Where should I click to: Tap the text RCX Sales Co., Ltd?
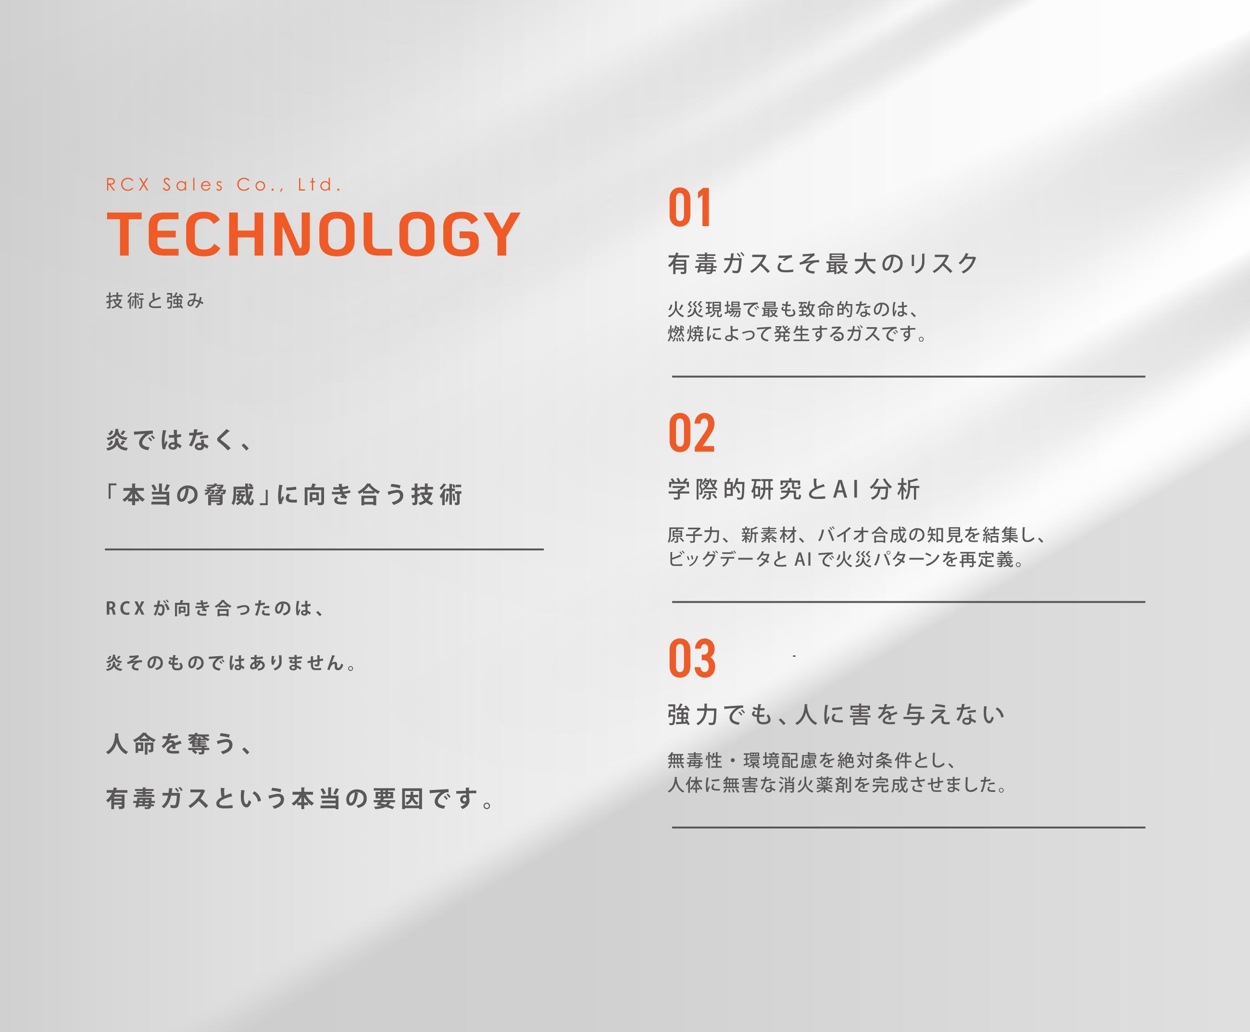224,184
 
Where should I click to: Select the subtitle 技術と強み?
155,301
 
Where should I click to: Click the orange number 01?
690,207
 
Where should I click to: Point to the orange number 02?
691,433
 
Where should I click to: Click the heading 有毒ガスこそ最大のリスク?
823,263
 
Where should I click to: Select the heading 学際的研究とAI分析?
794,489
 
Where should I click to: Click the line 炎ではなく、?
179,440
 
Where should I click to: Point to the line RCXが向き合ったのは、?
215,608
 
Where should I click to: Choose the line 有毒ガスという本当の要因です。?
300,798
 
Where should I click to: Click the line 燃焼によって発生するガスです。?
797,334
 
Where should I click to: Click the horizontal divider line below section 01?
908,376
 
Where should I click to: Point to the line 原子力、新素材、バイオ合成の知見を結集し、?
857,535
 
